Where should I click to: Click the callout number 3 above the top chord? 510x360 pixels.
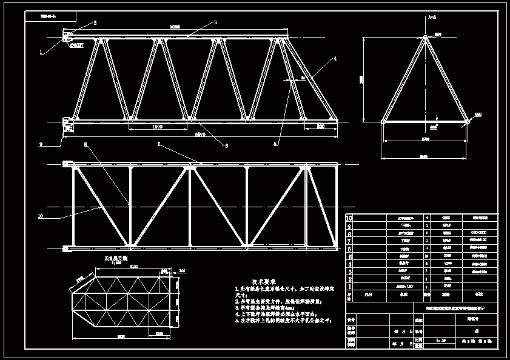[x=215, y=22]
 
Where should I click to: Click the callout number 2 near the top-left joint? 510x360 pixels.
[x=95, y=22]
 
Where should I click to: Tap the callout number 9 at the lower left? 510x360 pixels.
[x=41, y=144]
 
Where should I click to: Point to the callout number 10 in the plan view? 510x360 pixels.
[x=41, y=215]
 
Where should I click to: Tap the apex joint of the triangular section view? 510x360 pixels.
[x=426, y=37]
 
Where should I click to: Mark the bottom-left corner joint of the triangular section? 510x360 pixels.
[x=383, y=121]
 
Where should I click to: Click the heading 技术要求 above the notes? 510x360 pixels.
[x=264, y=282]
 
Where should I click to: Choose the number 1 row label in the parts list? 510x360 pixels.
[x=349, y=285]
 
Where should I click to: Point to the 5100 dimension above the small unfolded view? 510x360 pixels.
[x=133, y=266]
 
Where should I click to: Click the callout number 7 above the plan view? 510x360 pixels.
[x=158, y=144]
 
